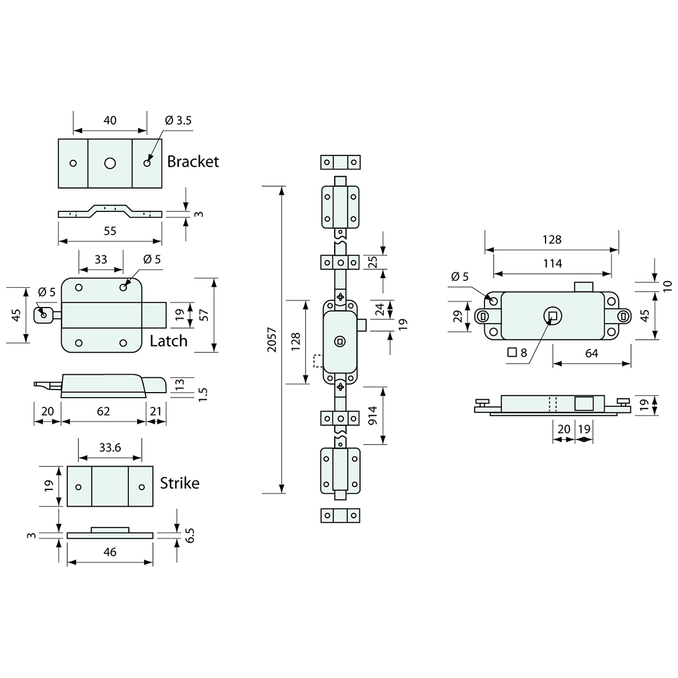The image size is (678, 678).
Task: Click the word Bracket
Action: coord(193,161)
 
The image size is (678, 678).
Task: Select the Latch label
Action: coord(168,341)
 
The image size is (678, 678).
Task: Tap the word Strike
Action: coord(179,483)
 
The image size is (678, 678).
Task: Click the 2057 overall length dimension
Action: coord(272,340)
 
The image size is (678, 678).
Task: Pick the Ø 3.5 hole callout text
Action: coord(178,120)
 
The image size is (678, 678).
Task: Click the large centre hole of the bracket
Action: coord(110,163)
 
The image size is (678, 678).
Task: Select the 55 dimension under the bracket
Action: coord(110,231)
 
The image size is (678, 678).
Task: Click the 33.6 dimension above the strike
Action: coord(109,448)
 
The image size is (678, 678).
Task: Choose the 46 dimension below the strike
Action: coord(110,552)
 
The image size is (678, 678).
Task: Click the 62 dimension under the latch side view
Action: coord(103,411)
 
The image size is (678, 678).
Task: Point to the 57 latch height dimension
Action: coord(204,315)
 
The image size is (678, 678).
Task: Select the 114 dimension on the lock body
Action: coord(552,263)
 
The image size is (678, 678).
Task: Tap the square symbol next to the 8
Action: coord(512,353)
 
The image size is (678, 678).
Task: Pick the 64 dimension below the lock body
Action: coord(591,353)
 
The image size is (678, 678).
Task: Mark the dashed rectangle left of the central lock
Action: coord(318,361)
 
